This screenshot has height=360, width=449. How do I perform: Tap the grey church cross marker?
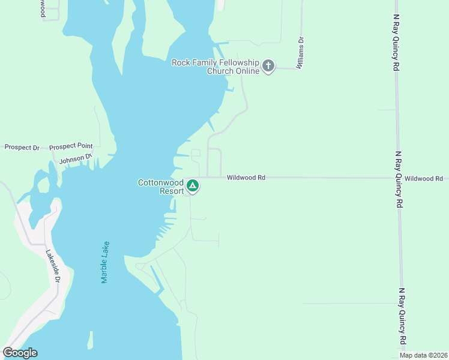pyautogui.click(x=268, y=66)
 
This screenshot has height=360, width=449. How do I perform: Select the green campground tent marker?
pyautogui.click(x=193, y=186)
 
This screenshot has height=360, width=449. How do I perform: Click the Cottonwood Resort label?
pyautogui.click(x=160, y=187)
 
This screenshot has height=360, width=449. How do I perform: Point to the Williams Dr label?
pyautogui.click(x=301, y=53)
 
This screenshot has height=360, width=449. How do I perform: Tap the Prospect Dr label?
pyautogui.click(x=22, y=147)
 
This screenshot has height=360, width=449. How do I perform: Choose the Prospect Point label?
pyautogui.click(x=71, y=146)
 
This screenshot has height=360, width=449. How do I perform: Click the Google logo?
pyautogui.click(x=20, y=353)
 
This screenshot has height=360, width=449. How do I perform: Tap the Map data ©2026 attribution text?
pyautogui.click(x=423, y=355)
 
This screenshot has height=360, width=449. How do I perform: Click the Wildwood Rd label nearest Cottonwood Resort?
pyautogui.click(x=246, y=178)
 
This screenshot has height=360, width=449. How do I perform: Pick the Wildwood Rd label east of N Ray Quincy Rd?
pyautogui.click(x=423, y=178)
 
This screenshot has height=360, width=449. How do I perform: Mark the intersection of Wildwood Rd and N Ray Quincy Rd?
pyautogui.click(x=397, y=178)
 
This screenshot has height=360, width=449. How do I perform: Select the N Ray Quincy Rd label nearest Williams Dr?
pyautogui.click(x=396, y=51)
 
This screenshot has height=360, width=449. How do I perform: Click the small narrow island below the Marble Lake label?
pyautogui.click(x=91, y=340)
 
